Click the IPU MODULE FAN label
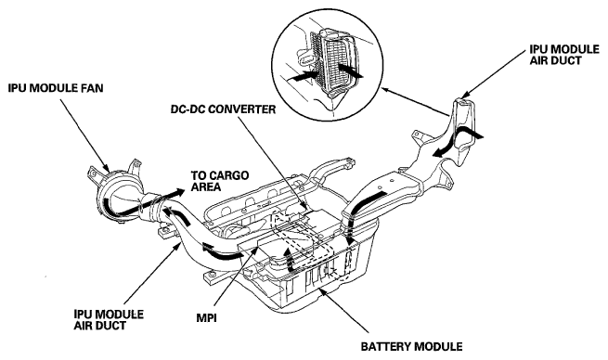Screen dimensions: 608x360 pos(56,88)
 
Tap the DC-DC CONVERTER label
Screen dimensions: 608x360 pos(223,109)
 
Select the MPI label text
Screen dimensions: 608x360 pos(206,318)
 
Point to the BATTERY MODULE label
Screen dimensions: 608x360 pos(411,346)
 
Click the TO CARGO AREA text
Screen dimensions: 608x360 pos(219,181)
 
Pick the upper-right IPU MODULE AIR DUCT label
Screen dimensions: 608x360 pos(564,55)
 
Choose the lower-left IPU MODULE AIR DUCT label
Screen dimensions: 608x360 pos(109,320)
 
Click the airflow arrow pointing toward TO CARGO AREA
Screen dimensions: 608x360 pos(149,202)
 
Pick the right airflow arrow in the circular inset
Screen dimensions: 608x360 pos(349,71)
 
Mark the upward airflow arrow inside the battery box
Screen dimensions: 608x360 pos(288,261)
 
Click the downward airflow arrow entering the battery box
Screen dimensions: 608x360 pos(350,232)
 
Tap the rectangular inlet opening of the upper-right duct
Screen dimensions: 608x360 pos(464,105)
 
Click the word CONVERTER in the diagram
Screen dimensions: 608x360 pos(242,109)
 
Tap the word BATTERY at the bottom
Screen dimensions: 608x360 pos(383,346)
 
